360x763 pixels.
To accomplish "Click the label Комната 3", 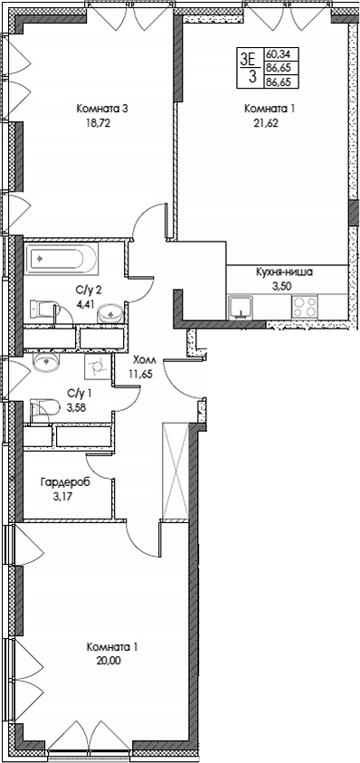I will tap(101, 109).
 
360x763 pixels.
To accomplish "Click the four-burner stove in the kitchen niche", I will tap(304, 308).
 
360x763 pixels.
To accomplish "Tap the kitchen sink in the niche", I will tap(242, 308).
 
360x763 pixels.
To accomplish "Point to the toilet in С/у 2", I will tap(42, 309).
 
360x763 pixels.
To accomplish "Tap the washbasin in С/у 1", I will tap(47, 363).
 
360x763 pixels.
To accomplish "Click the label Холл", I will tap(143, 358).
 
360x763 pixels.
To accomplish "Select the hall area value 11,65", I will tap(141, 372).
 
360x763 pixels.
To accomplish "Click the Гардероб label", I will tap(63, 482).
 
